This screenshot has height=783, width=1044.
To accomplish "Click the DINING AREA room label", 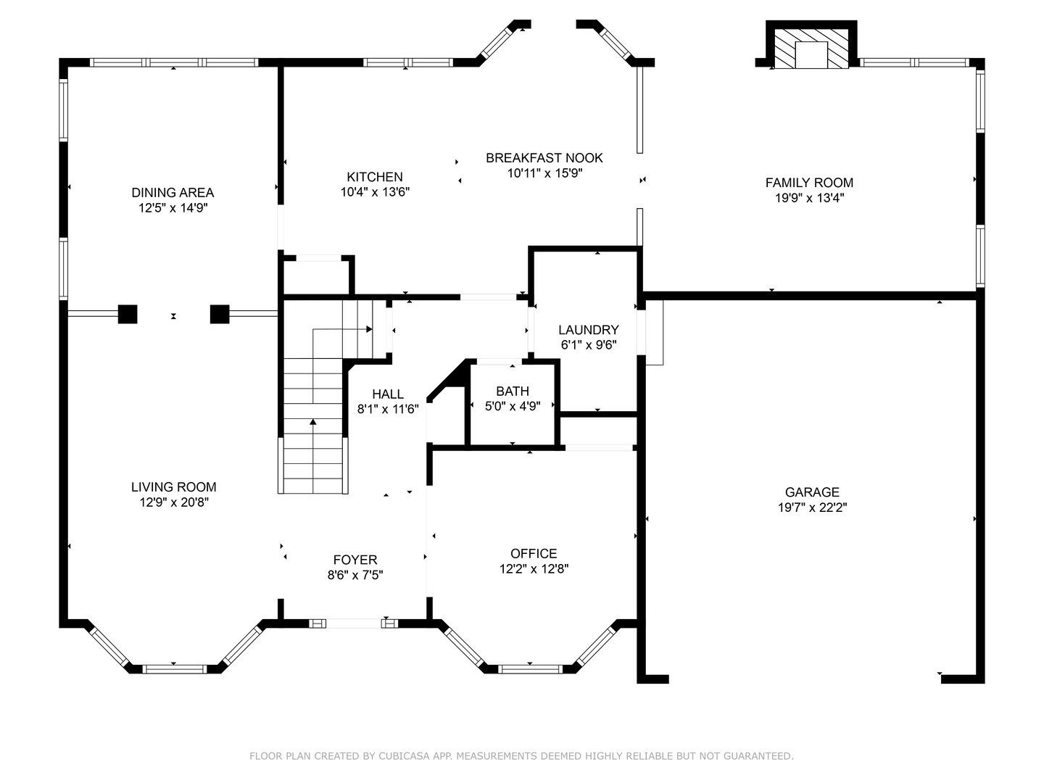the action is pyautogui.click(x=173, y=193).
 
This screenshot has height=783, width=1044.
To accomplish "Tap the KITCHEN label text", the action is pyautogui.click(x=375, y=177).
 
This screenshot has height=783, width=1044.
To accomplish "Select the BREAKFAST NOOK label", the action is pyautogui.click(x=544, y=158).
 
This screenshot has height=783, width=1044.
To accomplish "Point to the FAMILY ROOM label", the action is pyautogui.click(x=809, y=183).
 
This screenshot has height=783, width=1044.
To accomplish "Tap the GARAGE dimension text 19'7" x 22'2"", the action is pyautogui.click(x=813, y=507).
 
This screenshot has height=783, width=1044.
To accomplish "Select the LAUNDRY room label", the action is pyautogui.click(x=589, y=330).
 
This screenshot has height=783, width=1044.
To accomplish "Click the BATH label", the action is pyautogui.click(x=513, y=391).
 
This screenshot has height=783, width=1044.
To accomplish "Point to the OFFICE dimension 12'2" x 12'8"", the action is pyautogui.click(x=534, y=568).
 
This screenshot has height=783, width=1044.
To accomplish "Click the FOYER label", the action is pyautogui.click(x=355, y=560).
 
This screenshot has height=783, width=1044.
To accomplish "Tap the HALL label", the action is pyautogui.click(x=388, y=394).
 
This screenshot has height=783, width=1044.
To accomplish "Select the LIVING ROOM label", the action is pyautogui.click(x=173, y=486).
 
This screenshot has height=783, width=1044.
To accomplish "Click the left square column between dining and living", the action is pyautogui.click(x=128, y=314).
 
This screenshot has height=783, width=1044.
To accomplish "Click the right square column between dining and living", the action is pyautogui.click(x=220, y=314).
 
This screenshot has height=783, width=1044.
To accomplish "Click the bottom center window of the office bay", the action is pyautogui.click(x=530, y=669).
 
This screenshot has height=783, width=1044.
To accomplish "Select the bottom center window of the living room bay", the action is pyautogui.click(x=175, y=669).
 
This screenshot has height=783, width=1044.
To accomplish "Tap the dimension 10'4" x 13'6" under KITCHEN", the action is pyautogui.click(x=375, y=192).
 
